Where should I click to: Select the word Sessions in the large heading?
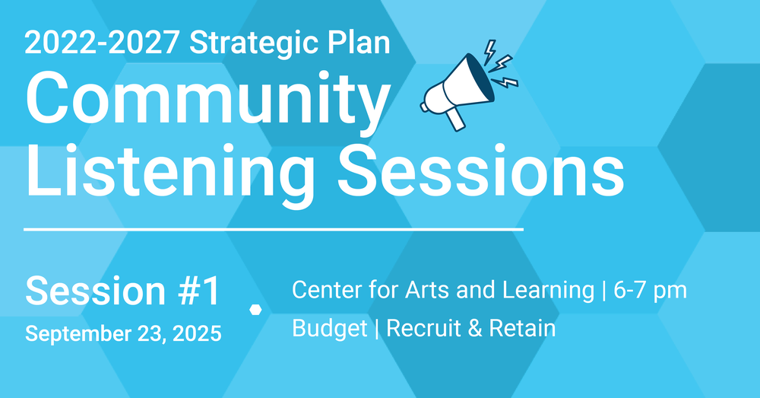coord(480,170)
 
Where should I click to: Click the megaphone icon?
coord(469,85)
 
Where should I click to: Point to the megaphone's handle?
coord(455,119)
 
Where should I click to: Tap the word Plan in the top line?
coord(359,42)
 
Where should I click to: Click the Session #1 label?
coord(123,291)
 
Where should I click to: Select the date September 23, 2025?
coord(123,334)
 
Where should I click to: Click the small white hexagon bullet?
coord(255,310)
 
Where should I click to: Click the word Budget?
coord(330,329)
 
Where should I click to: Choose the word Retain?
coord(522,328)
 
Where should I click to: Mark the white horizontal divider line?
coord(274,228)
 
